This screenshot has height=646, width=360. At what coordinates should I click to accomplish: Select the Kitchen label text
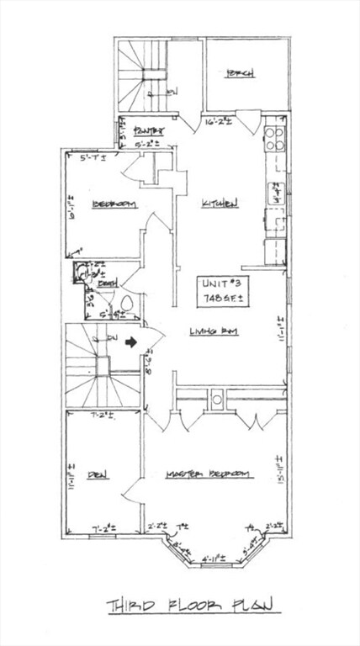219,204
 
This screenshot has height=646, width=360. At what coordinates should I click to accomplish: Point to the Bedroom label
109,204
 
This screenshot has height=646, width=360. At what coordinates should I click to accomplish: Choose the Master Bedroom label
209,474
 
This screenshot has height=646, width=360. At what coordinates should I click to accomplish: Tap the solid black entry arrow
130,342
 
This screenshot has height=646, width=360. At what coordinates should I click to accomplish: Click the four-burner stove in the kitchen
274,138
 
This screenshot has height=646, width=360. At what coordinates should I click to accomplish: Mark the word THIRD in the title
131,606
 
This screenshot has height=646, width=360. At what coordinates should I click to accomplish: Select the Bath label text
107,286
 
